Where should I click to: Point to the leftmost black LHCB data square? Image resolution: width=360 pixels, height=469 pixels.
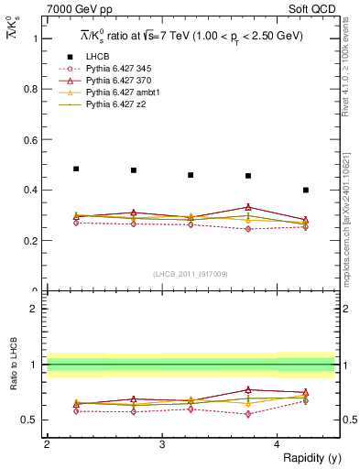click(x=76, y=169)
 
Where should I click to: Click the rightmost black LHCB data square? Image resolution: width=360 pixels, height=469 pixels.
click(x=306, y=190)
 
